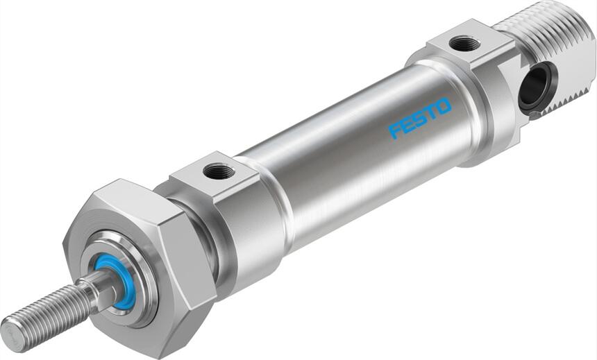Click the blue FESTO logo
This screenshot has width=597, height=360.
click(420, 118)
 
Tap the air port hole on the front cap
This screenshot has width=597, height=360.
click(219, 171)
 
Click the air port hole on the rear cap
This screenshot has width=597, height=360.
click(464, 43)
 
